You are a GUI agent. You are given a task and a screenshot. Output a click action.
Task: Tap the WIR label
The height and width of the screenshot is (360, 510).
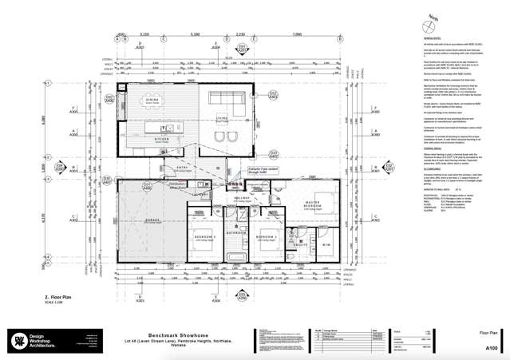[326, 244]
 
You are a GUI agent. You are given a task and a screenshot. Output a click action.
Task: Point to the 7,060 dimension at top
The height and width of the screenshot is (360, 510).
[298, 35]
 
